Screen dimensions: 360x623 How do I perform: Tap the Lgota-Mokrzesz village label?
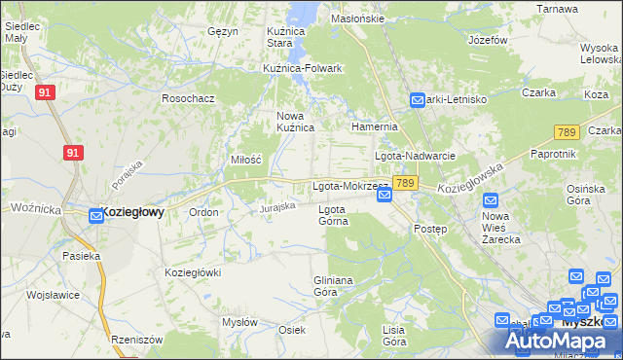point(349,185)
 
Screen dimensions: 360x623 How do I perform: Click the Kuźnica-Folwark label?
point(303,68)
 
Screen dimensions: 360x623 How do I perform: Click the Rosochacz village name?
point(188,98)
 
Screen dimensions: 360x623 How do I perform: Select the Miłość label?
point(246,160)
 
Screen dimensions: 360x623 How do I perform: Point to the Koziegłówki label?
point(194,272)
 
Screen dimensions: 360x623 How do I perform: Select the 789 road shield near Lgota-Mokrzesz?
point(407,183)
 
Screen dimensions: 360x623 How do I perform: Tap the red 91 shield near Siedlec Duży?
point(44,92)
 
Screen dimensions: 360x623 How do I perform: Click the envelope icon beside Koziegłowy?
point(96,215)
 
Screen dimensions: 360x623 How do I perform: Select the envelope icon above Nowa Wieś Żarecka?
point(492,199)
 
